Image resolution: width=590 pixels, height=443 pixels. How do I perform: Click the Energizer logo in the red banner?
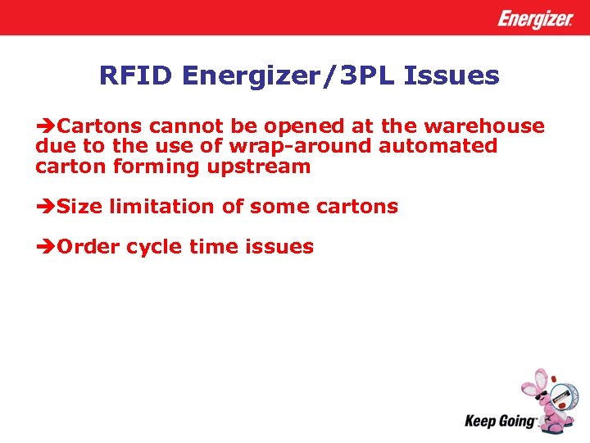tap(535, 19)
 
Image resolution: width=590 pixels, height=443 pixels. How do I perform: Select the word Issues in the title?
tap(457, 76)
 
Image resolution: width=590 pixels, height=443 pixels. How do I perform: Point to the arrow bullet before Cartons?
tap(46, 126)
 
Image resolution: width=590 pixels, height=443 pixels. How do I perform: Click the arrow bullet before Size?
tap(46, 207)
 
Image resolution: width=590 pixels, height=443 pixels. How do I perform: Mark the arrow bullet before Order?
tap(46, 247)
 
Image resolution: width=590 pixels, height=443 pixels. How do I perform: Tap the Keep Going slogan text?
tap(500, 421)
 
